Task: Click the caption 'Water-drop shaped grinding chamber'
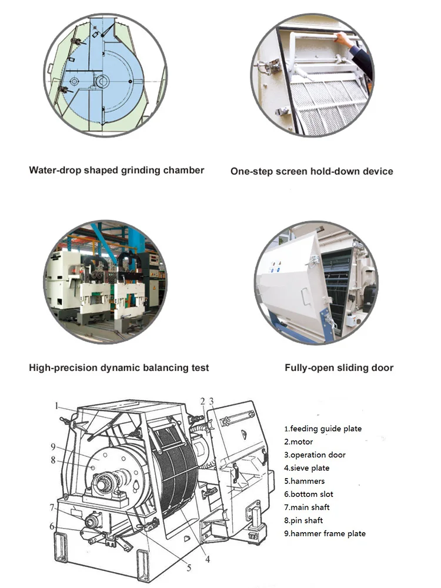117,170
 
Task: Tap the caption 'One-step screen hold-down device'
312,171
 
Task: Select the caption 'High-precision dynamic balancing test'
119,367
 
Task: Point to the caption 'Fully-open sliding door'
339,367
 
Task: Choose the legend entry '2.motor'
299,442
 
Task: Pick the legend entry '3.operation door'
315,455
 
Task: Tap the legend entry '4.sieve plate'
307,468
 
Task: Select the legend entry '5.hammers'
304,481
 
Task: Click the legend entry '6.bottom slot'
309,494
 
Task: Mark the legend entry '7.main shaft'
307,507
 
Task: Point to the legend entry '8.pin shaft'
303,520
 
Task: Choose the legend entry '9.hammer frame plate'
325,533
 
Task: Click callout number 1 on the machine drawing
57,405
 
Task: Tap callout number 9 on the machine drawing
52,446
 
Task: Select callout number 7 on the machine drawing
52,507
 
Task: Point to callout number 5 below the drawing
188,568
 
